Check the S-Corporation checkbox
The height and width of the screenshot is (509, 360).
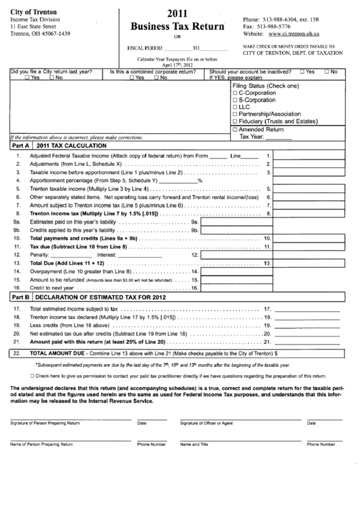[235, 101]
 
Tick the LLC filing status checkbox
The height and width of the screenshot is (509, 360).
[235, 107]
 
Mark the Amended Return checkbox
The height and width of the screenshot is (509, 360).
[235, 129]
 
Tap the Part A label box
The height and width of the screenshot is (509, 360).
[18, 145]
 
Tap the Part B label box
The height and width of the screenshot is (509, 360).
[18, 297]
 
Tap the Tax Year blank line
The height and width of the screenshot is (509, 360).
[279, 137]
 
